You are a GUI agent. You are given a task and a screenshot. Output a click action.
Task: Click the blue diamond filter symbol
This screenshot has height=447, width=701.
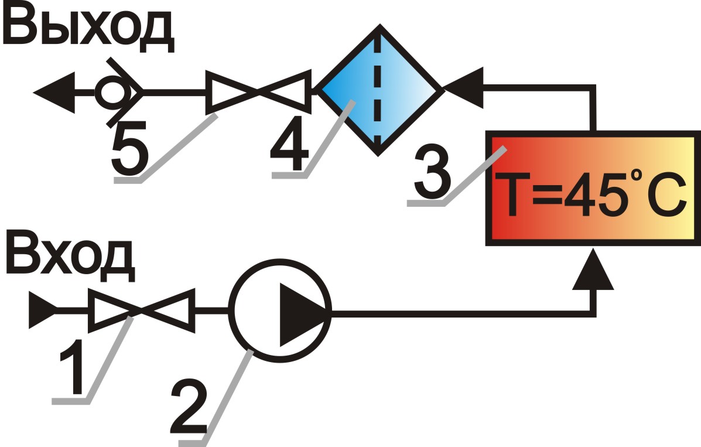point(378,90)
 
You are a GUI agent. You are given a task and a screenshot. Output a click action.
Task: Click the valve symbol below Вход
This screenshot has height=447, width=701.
point(141,310)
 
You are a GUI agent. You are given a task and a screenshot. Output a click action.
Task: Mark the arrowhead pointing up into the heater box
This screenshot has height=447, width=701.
point(593,271)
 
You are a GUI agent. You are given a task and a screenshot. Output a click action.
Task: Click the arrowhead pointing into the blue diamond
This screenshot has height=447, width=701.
point(463,88)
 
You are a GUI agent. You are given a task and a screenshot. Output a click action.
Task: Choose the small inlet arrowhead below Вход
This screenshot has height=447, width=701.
point(42,309)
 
